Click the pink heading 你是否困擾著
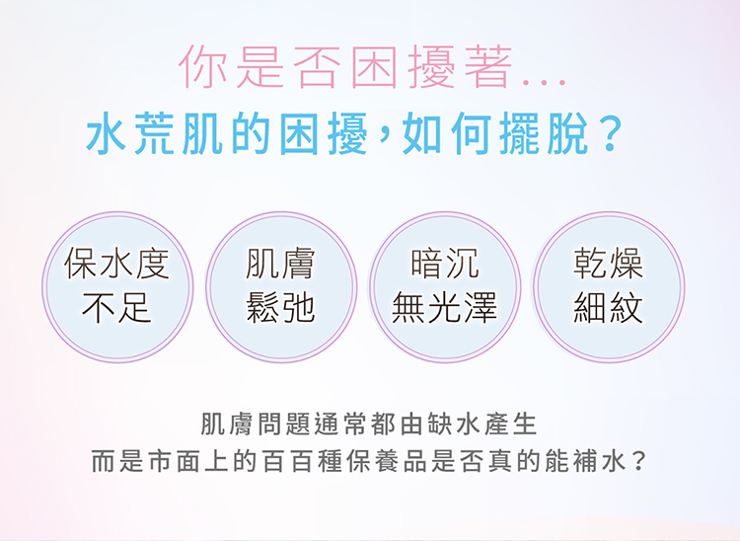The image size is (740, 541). tap(345, 66)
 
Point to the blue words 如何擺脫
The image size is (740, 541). tap(494, 134)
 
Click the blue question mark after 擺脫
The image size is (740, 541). tap(610, 134)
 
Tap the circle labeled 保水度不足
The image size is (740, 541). tap(117, 287)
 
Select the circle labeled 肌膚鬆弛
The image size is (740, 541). tap(281, 287)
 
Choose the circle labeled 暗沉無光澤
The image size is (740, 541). tap(445, 287)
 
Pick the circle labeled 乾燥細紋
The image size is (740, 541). tap(609, 287)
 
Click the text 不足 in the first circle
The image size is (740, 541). tap(116, 308)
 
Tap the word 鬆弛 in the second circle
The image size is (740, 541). tap(280, 308)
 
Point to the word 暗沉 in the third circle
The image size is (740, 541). tap(445, 264)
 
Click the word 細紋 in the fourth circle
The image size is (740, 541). tap(608, 308)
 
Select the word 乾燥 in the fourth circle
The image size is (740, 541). tap(608, 264)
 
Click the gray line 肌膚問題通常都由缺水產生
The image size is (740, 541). tap(369, 425)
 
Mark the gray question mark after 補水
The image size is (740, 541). tap(638, 461)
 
